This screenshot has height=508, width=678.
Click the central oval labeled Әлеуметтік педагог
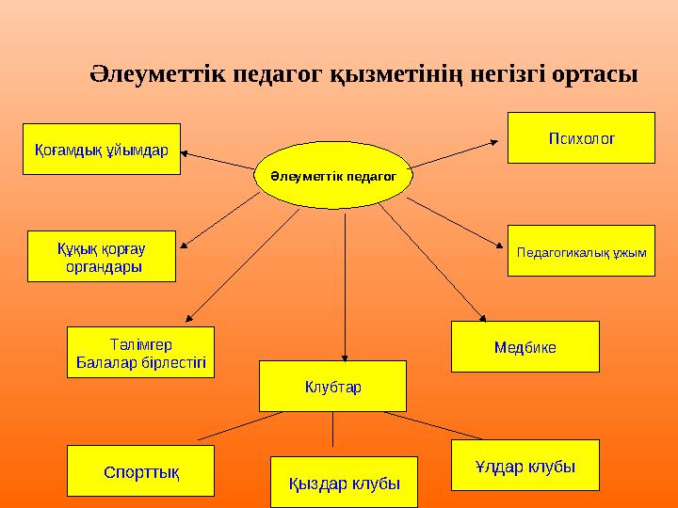click(333, 176)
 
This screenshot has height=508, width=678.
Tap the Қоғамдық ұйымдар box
click(102, 151)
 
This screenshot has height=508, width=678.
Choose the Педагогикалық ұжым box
click(581, 250)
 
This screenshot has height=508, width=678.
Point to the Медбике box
click(525, 346)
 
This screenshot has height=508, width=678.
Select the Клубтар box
click(332, 386)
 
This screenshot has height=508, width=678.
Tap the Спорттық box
click(141, 469)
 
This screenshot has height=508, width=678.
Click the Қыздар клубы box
click(344, 482)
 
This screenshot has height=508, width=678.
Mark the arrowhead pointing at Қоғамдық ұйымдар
click(186, 151)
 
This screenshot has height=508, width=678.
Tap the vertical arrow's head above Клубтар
click(345, 354)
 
